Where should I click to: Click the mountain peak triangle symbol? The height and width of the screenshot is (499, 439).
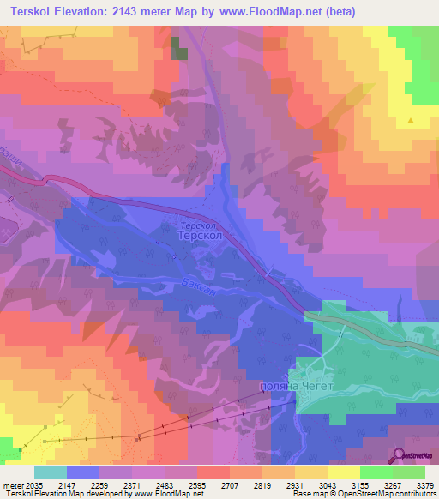[412, 121]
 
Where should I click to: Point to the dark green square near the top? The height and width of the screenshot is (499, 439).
[179, 48]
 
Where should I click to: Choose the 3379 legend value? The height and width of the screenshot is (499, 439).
[425, 484]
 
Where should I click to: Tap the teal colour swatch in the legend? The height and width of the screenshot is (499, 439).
[50, 472]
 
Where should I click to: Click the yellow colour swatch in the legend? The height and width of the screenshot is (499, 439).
[343, 472]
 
